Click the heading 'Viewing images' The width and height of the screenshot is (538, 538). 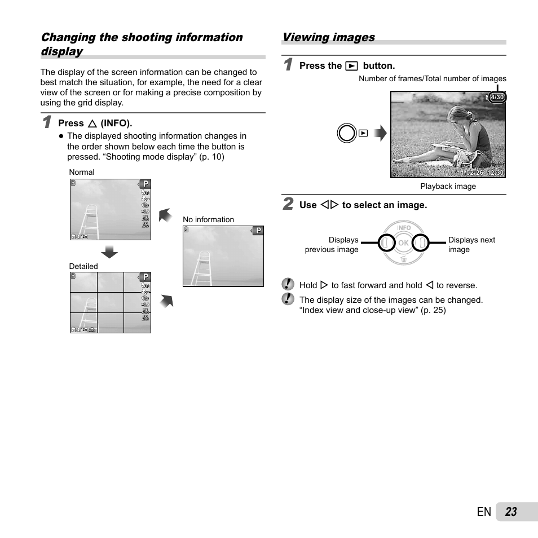click(x=328, y=37)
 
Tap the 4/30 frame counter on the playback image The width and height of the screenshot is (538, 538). click(x=497, y=98)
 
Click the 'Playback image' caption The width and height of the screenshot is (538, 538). click(x=448, y=187)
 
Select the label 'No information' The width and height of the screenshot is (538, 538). click(x=208, y=220)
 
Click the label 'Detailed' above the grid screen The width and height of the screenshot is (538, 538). click(x=83, y=266)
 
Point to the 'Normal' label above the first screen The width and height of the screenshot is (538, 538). click(x=82, y=173)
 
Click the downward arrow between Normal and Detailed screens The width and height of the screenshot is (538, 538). click(x=109, y=252)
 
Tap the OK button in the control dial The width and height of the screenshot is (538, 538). click(x=403, y=243)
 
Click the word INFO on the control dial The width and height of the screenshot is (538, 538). click(x=404, y=228)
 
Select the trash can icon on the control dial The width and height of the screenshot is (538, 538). click(x=404, y=259)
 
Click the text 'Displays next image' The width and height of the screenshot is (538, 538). click(x=471, y=245)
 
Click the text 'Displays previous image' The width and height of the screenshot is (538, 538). click(x=332, y=245)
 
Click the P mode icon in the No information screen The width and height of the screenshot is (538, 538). click(x=258, y=231)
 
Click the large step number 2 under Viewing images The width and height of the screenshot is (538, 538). click(x=288, y=204)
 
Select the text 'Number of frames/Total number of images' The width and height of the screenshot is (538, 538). click(x=432, y=79)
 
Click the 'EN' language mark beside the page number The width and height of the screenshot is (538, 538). click(x=483, y=512)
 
